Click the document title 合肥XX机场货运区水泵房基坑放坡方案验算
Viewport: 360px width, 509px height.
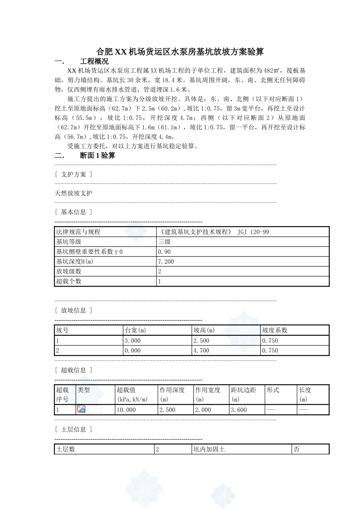coord(180,52)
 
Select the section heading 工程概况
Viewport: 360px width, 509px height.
coord(94,61)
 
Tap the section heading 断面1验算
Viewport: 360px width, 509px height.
coord(97,155)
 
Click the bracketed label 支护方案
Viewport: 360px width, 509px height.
coord(74,174)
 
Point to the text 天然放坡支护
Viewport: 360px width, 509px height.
coord(74,193)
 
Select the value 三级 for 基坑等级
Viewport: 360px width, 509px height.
coord(164,242)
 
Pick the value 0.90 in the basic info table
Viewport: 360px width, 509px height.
coord(164,251)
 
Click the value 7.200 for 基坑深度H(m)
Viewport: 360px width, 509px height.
coord(166,261)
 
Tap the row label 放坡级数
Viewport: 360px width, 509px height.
coord(69,271)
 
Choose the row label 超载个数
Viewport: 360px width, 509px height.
coord(69,281)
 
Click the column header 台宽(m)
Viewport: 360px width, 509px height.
coord(136,330)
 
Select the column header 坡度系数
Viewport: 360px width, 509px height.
coord(275,330)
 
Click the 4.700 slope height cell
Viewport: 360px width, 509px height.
coord(201,350)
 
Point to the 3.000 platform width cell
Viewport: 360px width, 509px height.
coord(133,340)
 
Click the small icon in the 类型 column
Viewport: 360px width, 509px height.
coord(81,409)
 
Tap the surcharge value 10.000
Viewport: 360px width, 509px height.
coord(126,410)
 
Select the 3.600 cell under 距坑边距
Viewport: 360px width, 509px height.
coord(239,410)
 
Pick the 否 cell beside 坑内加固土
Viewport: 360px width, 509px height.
coord(297,450)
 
